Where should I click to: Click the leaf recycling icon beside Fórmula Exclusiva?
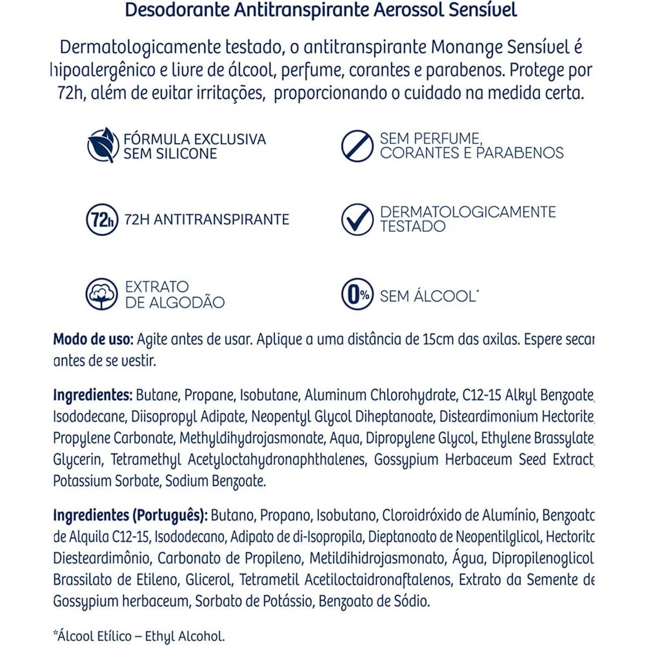pyautogui.click(x=103, y=145)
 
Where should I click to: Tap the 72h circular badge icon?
pyautogui.click(x=102, y=219)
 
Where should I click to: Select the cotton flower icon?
pyautogui.click(x=102, y=294)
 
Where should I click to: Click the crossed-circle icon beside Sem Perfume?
pyautogui.click(x=357, y=145)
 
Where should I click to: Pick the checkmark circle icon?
pyautogui.click(x=357, y=219)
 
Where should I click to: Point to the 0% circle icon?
pyautogui.click(x=357, y=295)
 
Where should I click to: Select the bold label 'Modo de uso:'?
pyautogui.click(x=92, y=340)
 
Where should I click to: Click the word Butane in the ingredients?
pyautogui.click(x=157, y=396)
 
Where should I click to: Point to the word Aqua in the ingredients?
pyautogui.click(x=345, y=439)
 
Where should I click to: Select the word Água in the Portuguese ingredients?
pyautogui.click(x=468, y=558)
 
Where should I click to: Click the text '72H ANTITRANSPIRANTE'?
pyautogui.click(x=206, y=219)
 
